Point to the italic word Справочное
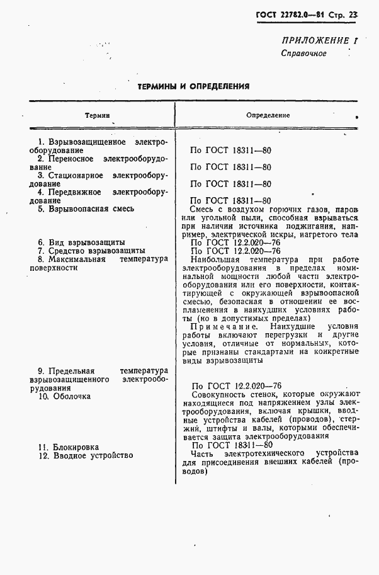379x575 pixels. (x=303, y=53)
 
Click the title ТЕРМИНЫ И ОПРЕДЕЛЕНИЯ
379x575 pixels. (x=193, y=86)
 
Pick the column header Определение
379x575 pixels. (x=268, y=116)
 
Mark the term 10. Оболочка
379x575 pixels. (x=64, y=397)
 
